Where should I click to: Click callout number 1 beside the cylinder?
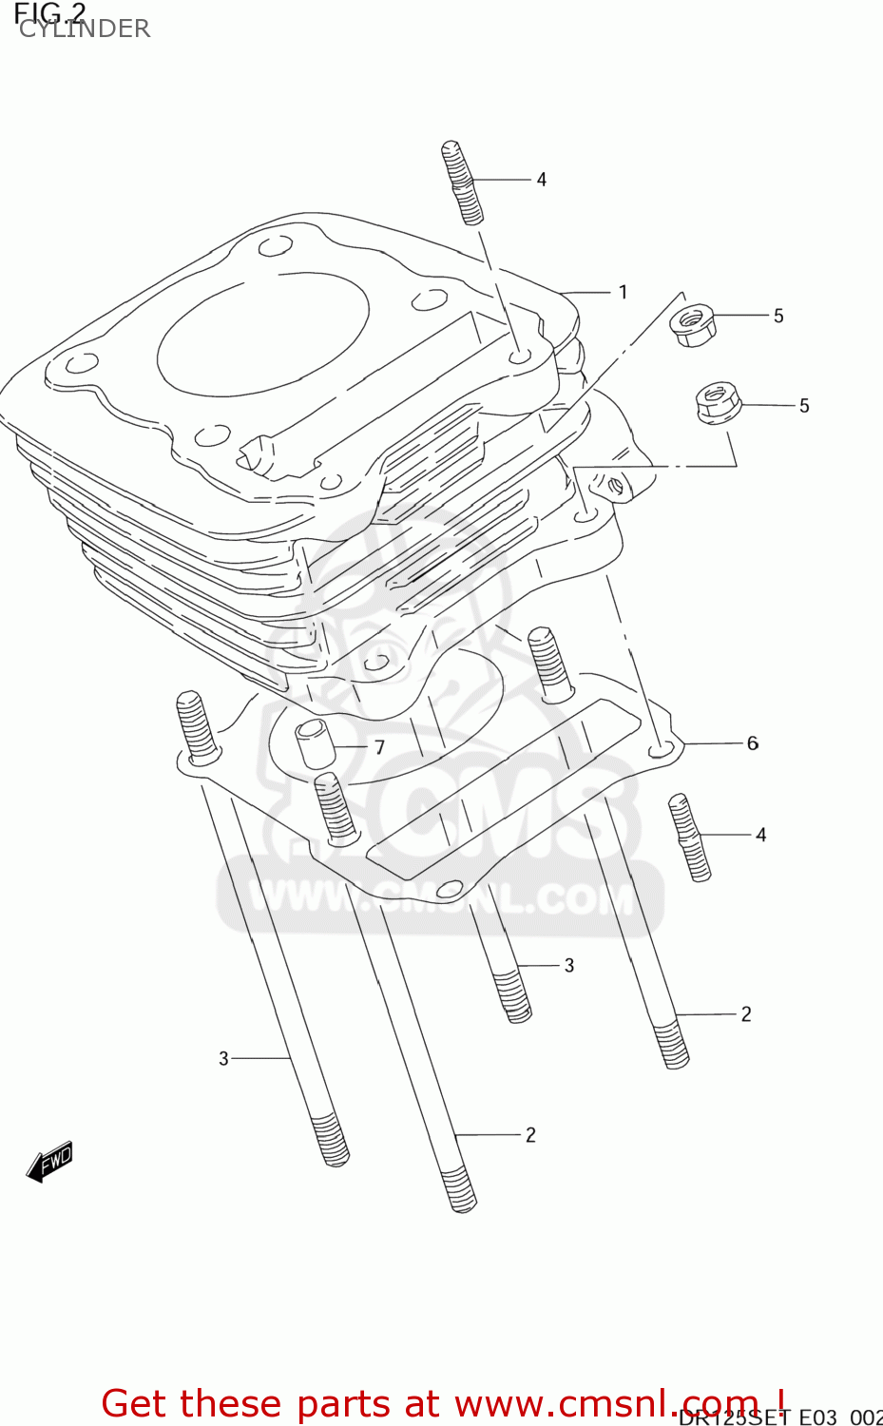(623, 292)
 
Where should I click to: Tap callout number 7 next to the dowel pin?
(379, 747)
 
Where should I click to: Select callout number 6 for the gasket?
(752, 742)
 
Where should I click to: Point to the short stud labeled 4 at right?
(690, 838)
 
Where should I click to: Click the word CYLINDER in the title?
(85, 29)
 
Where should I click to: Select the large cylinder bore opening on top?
(263, 334)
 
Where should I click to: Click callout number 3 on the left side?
(223, 1058)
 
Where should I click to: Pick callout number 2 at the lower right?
(746, 1014)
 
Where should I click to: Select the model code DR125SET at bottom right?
(733, 1417)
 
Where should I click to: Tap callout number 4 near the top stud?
(541, 180)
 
